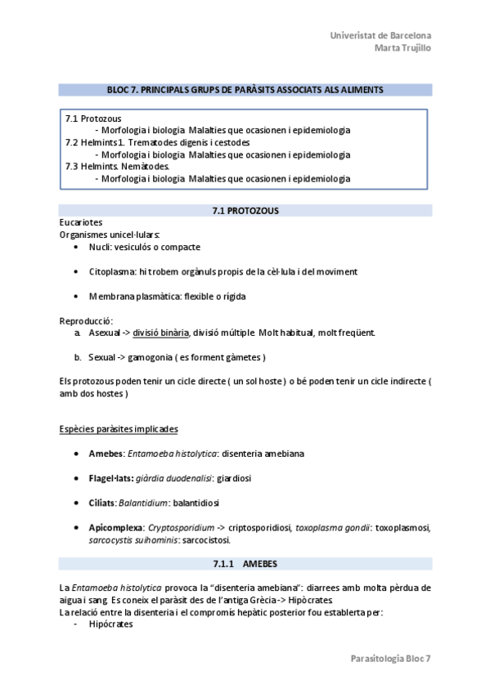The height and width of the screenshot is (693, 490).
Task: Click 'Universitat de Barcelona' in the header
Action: [x=380, y=36]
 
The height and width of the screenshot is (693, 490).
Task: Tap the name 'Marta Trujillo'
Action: [x=402, y=47]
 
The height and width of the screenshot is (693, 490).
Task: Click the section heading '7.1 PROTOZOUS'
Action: [x=245, y=211]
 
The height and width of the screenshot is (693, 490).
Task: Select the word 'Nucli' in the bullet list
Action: [x=101, y=246]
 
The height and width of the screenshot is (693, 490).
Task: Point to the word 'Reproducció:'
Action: [x=86, y=320]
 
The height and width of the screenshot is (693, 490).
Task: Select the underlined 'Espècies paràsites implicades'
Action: [x=119, y=429]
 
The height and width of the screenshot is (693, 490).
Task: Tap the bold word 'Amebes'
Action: [x=106, y=453]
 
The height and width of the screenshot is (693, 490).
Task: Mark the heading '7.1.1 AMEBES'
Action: [x=245, y=565]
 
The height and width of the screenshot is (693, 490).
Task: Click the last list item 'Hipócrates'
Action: [x=110, y=624]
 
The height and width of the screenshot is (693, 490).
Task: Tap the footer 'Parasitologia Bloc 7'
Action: [x=390, y=658]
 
